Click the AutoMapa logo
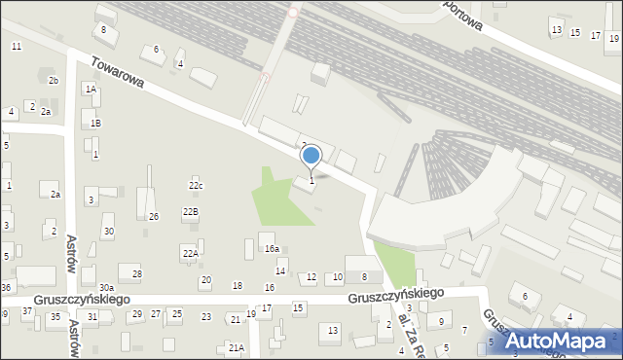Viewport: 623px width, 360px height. pyautogui.click(x=562, y=341)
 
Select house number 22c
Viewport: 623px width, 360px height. pyautogui.click(x=196, y=186)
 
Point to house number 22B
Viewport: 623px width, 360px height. pyautogui.click(x=190, y=211)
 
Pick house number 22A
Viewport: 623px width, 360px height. pyautogui.click(x=190, y=253)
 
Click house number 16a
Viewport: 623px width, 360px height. pyautogui.click(x=272, y=249)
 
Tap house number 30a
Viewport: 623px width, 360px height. pyautogui.click(x=105, y=288)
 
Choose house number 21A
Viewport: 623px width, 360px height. pyautogui.click(x=235, y=347)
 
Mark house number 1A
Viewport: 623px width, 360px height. pyautogui.click(x=91, y=90)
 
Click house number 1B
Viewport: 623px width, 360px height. pyautogui.click(x=95, y=124)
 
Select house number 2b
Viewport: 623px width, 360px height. pyautogui.click(x=54, y=80)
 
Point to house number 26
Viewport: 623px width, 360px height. pyautogui.click(x=154, y=216)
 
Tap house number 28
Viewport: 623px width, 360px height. pyautogui.click(x=137, y=274)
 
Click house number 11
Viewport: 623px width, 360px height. pyautogui.click(x=17, y=47)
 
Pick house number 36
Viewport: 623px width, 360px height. pyautogui.click(x=6, y=287)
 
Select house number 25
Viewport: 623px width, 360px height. pyautogui.click(x=176, y=314)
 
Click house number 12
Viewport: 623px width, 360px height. pyautogui.click(x=311, y=277)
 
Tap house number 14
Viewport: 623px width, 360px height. pyautogui.click(x=280, y=271)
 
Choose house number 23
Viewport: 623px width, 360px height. pyautogui.click(x=206, y=317)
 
